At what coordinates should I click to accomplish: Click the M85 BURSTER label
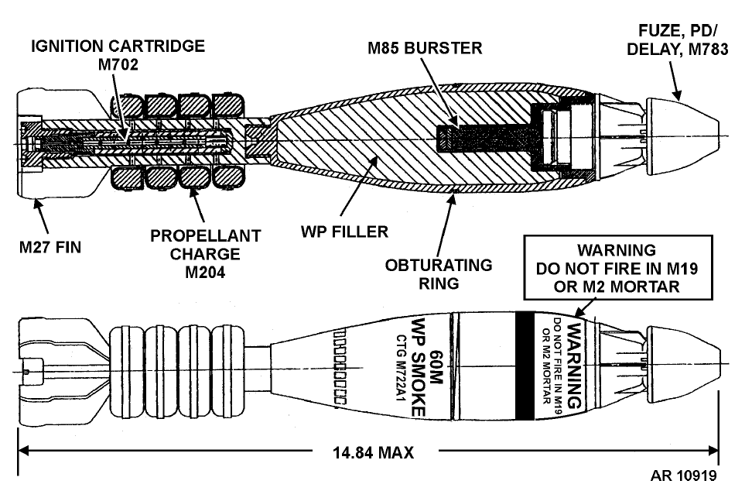point(425,48)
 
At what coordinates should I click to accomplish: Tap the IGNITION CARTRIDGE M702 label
point(118,55)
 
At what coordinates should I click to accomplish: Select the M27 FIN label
point(50,247)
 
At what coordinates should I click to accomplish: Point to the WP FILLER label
point(344,232)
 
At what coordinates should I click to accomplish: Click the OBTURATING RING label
point(439,273)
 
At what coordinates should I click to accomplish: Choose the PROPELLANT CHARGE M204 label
point(205,254)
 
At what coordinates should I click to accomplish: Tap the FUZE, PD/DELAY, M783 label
point(678,39)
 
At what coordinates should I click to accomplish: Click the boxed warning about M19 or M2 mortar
point(617,268)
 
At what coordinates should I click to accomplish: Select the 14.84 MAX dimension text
point(373,452)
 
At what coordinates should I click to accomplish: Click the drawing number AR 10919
point(683,476)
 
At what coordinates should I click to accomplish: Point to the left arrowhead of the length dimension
point(24,451)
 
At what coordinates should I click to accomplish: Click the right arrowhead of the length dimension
point(713,451)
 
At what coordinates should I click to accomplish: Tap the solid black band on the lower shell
point(525,366)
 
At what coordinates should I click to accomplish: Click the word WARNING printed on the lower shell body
point(575,366)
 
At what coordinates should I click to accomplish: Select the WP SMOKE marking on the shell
point(419,367)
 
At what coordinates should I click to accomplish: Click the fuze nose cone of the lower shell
point(683,365)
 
